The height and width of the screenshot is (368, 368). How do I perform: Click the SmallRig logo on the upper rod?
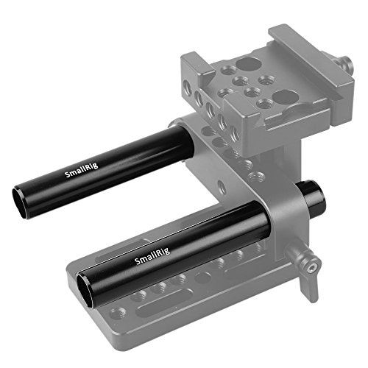click(81, 170)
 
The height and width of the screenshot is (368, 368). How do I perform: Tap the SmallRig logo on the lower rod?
click(152, 256)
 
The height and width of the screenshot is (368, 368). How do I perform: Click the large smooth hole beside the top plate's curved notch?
click(284, 97)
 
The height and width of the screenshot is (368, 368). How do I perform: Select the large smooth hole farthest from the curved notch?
click(247, 64)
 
